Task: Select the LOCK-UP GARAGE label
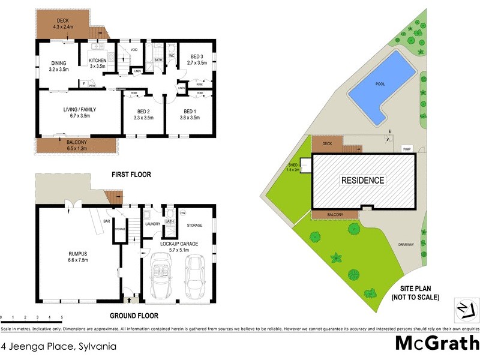[x=178, y=243]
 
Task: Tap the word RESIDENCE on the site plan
[x=363, y=180]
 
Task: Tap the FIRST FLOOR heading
[x=131, y=175]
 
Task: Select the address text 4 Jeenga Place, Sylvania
[x=58, y=346]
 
